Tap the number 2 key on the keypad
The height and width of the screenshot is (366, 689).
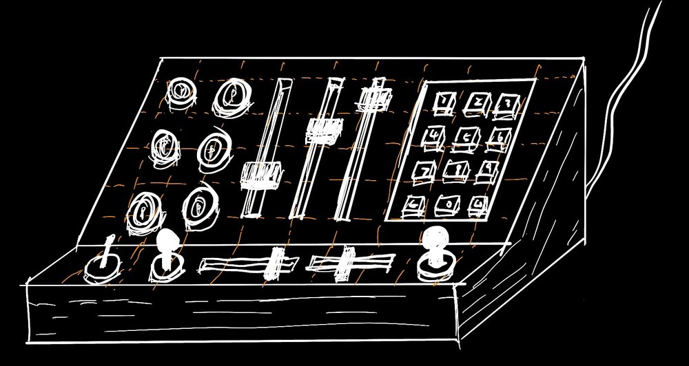pyautogui.click(x=476, y=103)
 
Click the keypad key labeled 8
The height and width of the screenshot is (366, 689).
pyautogui.click(x=455, y=169)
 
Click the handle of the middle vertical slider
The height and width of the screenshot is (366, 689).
pyautogui.click(x=324, y=129)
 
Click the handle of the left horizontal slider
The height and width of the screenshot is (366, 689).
pyautogui.click(x=276, y=263)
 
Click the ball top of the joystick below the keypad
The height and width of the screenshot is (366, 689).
pyautogui.click(x=434, y=238)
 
